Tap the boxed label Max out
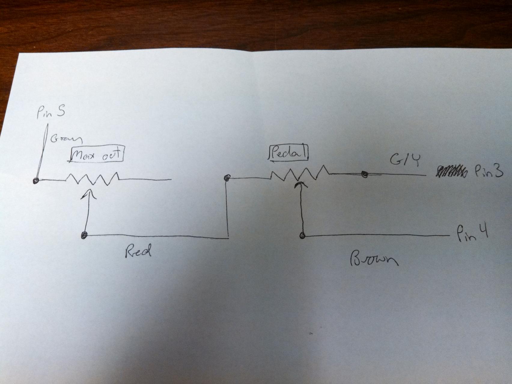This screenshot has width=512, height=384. (97, 155)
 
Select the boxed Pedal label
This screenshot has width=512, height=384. (288, 153)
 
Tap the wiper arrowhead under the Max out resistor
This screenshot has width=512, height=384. (89, 194)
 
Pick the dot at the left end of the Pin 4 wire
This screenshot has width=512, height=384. (302, 236)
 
